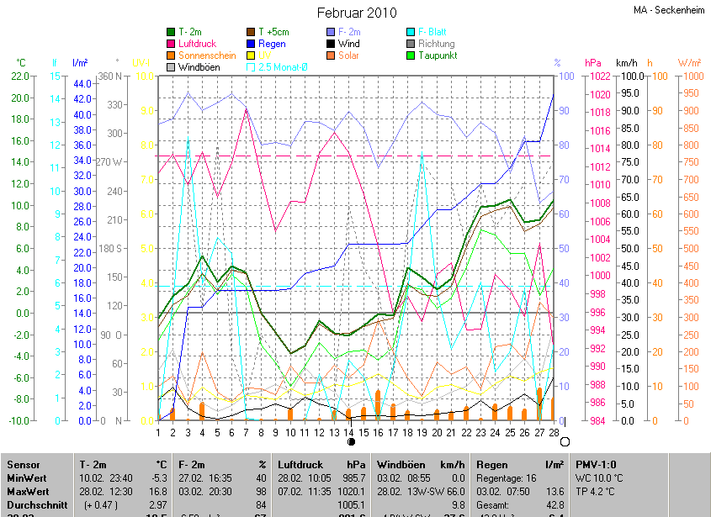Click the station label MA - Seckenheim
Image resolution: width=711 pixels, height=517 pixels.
(669, 10)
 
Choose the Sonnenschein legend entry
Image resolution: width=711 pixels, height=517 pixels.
(206, 55)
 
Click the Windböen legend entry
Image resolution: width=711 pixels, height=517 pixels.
(199, 67)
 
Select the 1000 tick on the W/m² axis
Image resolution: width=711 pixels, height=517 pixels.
(688, 76)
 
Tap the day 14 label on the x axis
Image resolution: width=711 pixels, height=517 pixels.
(348, 432)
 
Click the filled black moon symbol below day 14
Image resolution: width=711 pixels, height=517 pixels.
(351, 441)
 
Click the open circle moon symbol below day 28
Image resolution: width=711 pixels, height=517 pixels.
(565, 441)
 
